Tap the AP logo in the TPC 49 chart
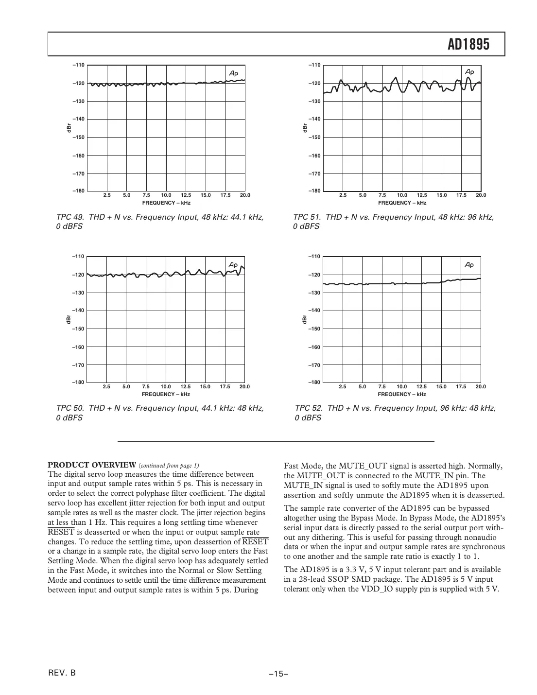pos(234,73)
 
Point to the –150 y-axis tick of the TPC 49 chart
pos(78,138)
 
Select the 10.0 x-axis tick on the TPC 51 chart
pos(402,195)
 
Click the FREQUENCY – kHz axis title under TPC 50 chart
pos(166,394)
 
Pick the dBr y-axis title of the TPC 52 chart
pos(305,319)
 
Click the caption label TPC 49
pos(70,217)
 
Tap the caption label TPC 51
pos(307,217)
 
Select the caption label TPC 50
pos(70,408)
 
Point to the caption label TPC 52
pos(309,408)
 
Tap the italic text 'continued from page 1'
pos(169,465)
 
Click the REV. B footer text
pos(62,673)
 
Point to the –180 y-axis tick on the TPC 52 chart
pos(314,382)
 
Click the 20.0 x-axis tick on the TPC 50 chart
pos(244,387)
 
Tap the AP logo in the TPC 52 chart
pos(469,265)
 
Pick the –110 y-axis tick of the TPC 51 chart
pos(314,65)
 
